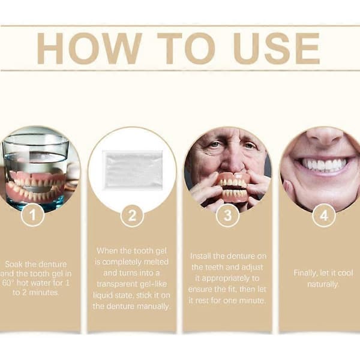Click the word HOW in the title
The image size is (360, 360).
89,49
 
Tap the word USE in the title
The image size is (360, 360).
276,49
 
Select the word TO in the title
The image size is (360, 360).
186,49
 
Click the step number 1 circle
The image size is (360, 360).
32,215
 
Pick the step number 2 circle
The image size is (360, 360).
132,215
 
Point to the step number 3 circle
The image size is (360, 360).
228,215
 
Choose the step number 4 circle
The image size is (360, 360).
324,215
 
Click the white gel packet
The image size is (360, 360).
133,170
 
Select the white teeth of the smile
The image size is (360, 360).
324,164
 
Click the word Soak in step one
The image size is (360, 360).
14,264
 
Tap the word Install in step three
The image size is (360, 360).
200,256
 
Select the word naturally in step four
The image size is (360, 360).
323,284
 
